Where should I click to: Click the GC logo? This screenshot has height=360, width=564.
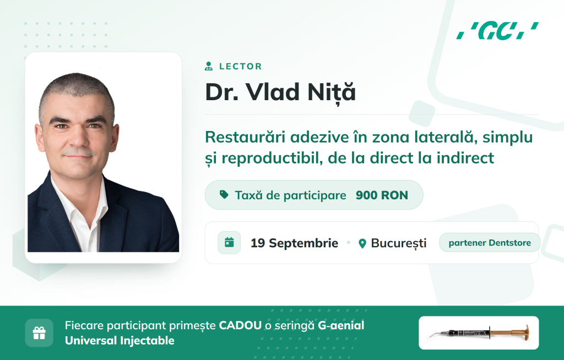pyautogui.click(x=497, y=31)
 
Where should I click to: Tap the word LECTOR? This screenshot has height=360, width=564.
pyautogui.click(x=241, y=67)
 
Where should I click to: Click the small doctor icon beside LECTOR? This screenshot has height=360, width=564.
pyautogui.click(x=209, y=66)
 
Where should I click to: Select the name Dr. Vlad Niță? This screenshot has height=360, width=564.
pyautogui.click(x=280, y=92)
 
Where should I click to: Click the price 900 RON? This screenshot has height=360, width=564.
pyautogui.click(x=382, y=195)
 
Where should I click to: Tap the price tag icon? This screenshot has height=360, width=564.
pyautogui.click(x=224, y=194)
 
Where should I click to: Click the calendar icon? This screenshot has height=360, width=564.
pyautogui.click(x=229, y=243)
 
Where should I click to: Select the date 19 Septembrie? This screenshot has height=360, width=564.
pyautogui.click(x=294, y=243)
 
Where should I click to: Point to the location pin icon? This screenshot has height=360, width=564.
pyautogui.click(x=362, y=243)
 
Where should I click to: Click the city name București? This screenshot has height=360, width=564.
pyautogui.click(x=399, y=243)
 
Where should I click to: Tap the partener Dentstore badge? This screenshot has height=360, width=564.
pyautogui.click(x=490, y=243)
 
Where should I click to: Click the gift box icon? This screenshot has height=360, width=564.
pyautogui.click(x=39, y=332)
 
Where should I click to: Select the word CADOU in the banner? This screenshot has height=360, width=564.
pyautogui.click(x=240, y=325)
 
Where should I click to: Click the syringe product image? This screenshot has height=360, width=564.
pyautogui.click(x=479, y=332)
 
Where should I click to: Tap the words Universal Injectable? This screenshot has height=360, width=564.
pyautogui.click(x=120, y=341)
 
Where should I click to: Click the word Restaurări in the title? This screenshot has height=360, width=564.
pyautogui.click(x=246, y=137)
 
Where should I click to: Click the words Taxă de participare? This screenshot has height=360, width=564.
pyautogui.click(x=291, y=195)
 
